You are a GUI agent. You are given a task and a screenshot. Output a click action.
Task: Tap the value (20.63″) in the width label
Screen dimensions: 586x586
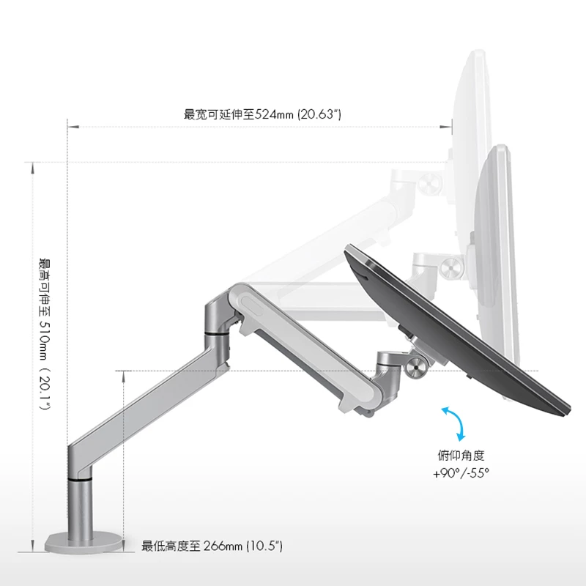(319, 114)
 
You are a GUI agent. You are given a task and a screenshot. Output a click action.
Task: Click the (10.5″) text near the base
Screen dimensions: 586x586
(264, 546)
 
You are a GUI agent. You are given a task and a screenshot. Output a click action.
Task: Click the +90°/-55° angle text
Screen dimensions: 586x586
(461, 473)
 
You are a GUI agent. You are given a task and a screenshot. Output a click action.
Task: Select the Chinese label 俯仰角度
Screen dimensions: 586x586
(461, 456)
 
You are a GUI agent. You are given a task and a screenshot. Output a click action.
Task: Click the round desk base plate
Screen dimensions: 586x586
(84, 544)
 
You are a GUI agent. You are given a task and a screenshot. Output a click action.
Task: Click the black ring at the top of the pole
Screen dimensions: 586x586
(80, 479)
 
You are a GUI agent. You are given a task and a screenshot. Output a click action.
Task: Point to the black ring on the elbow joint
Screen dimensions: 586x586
(217, 333)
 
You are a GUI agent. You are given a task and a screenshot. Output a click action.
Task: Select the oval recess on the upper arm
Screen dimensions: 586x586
(253, 305)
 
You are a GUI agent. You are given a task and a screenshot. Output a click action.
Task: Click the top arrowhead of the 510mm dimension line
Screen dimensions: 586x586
(33, 168)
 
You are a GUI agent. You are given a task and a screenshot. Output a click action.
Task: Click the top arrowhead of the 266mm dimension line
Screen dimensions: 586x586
(123, 377)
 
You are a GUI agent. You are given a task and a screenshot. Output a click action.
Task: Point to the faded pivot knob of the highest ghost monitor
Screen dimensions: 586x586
(429, 184)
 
